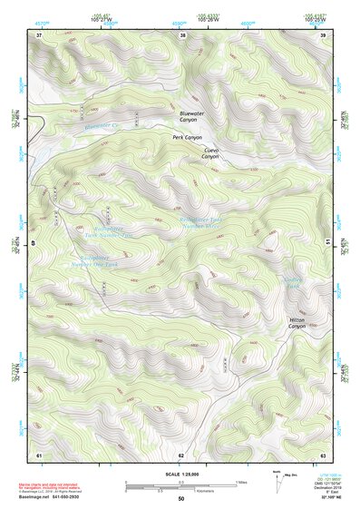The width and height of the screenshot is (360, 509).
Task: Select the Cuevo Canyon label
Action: (210, 152)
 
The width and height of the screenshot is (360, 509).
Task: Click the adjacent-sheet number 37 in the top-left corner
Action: (39, 35)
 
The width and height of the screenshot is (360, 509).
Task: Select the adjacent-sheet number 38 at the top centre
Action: (182, 35)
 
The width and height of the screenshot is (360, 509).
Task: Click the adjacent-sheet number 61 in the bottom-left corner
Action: (39, 453)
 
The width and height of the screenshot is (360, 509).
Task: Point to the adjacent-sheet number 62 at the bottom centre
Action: (181, 453)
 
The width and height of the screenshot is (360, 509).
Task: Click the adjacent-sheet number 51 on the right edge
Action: (326, 241)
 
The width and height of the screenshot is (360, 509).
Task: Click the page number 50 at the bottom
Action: (180, 499)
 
